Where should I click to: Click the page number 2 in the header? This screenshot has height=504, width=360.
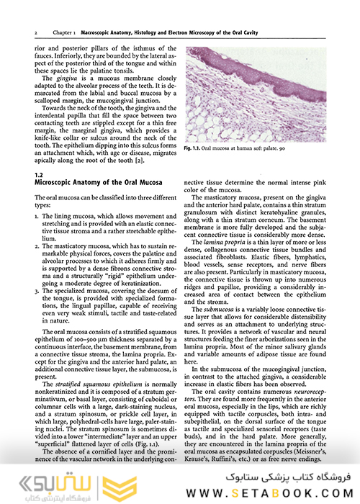(35, 33)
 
